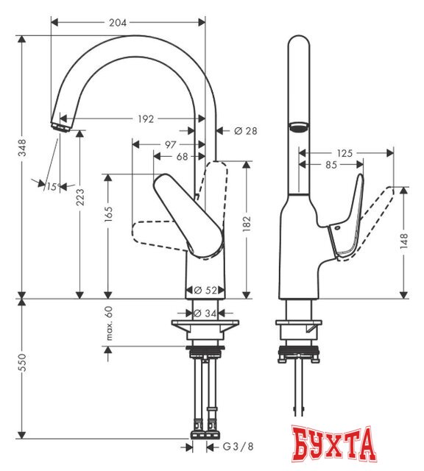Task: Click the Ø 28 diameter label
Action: click(x=246, y=131)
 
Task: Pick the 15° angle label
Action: click(x=51, y=186)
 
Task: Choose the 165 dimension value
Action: click(x=108, y=214)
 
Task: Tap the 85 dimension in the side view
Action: click(x=331, y=166)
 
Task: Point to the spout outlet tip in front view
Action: click(x=60, y=124)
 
